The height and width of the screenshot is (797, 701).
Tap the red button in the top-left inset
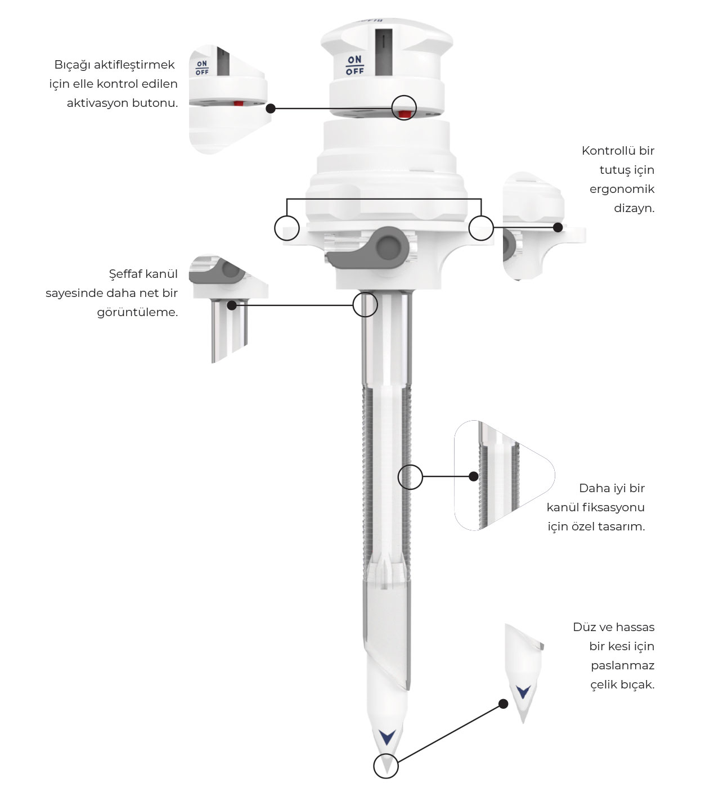(x=238, y=103)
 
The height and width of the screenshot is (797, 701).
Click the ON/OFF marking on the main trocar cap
(x=354, y=65)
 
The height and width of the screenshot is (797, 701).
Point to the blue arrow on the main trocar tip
(x=387, y=737)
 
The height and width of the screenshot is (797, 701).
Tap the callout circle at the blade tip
(x=386, y=766)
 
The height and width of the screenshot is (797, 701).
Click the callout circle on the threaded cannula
(x=410, y=477)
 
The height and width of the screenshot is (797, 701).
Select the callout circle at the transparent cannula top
(x=365, y=304)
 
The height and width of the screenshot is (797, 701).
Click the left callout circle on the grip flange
(x=286, y=228)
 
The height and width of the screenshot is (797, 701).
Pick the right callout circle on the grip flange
(x=481, y=228)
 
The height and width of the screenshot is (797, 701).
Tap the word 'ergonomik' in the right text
(x=622, y=190)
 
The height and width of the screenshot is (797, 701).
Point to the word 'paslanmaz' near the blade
(x=623, y=665)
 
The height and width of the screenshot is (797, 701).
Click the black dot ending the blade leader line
(x=503, y=704)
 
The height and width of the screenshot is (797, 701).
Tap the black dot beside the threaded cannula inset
(x=474, y=476)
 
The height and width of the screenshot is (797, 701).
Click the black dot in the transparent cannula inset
(x=232, y=305)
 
